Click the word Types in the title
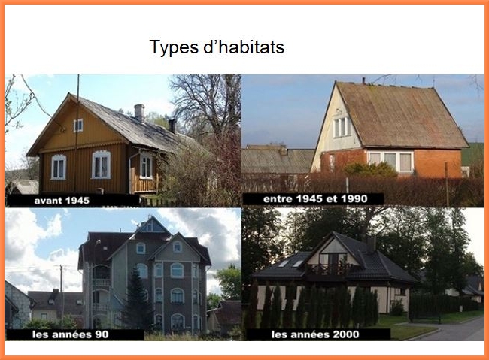click(174, 47)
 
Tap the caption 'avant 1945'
click(62, 201)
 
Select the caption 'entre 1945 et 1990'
click(315, 199)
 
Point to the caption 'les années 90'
click(71, 334)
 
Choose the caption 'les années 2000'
click(315, 334)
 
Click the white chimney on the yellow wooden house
click(139, 113)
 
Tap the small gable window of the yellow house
click(78, 126)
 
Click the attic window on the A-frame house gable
click(342, 126)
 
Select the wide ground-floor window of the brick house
click(390, 161)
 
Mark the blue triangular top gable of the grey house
click(151, 225)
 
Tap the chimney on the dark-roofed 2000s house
click(371, 244)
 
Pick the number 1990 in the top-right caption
click(354, 199)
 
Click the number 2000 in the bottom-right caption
click(346, 334)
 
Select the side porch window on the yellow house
click(146, 166)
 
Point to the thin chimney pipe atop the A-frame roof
click(363, 80)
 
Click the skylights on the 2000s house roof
click(290, 264)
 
